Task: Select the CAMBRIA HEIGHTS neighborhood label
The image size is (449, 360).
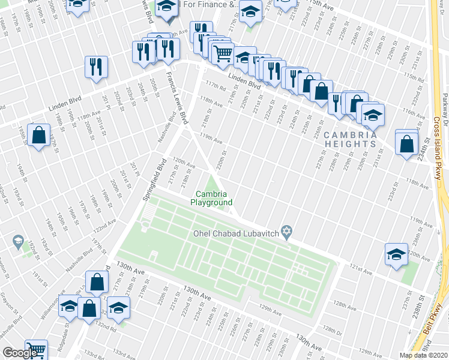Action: click(351, 140)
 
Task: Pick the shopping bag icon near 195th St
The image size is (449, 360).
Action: click(38, 136)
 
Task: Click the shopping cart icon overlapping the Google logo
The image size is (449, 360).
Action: click(36, 350)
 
